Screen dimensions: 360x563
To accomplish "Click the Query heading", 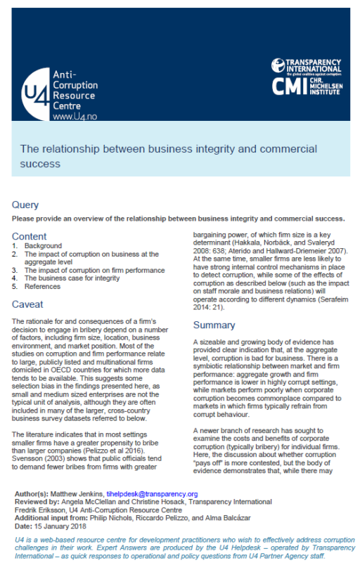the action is (x=26, y=205).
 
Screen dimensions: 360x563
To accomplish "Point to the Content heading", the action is (x=30, y=236).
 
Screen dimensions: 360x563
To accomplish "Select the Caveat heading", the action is (x=29, y=304).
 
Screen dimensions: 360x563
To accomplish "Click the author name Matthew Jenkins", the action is (x=85, y=495).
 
